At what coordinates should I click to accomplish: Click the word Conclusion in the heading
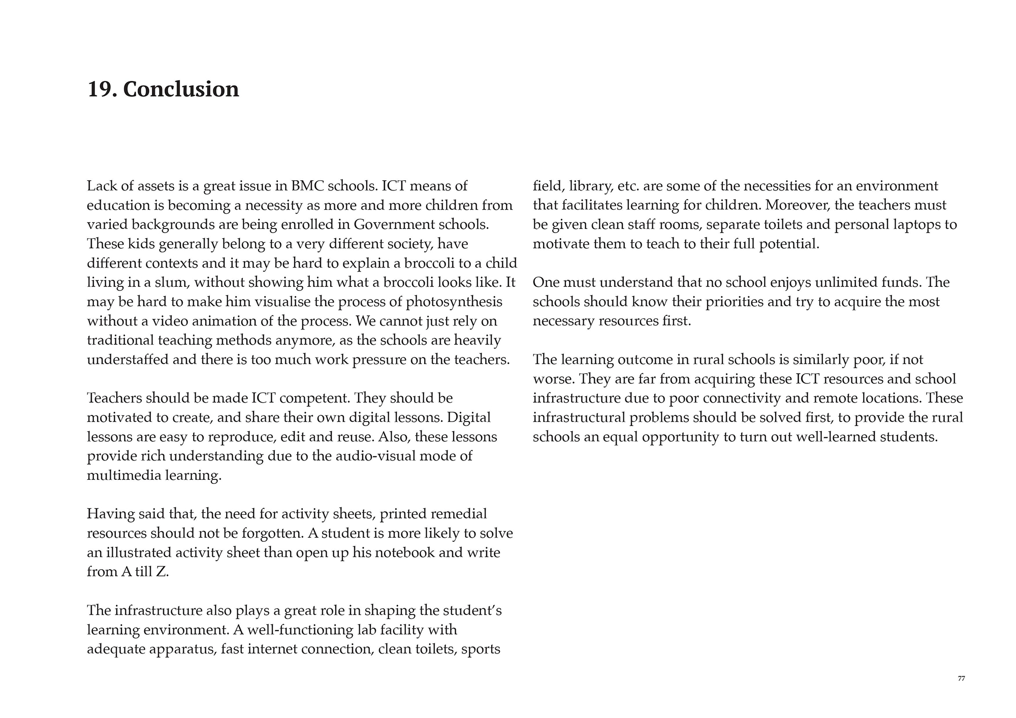click(x=181, y=89)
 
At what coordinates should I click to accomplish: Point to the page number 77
click(x=961, y=679)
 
